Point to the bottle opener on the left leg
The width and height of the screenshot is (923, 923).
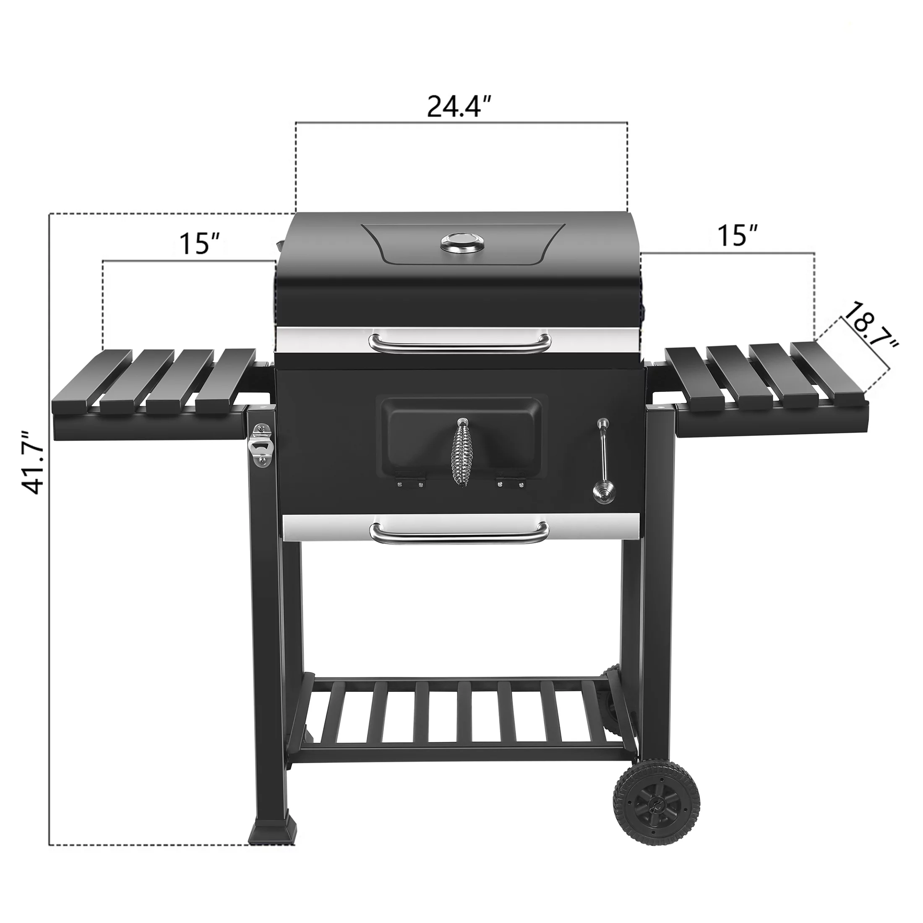click(x=261, y=444)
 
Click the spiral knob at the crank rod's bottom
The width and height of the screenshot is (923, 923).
click(x=600, y=492)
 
